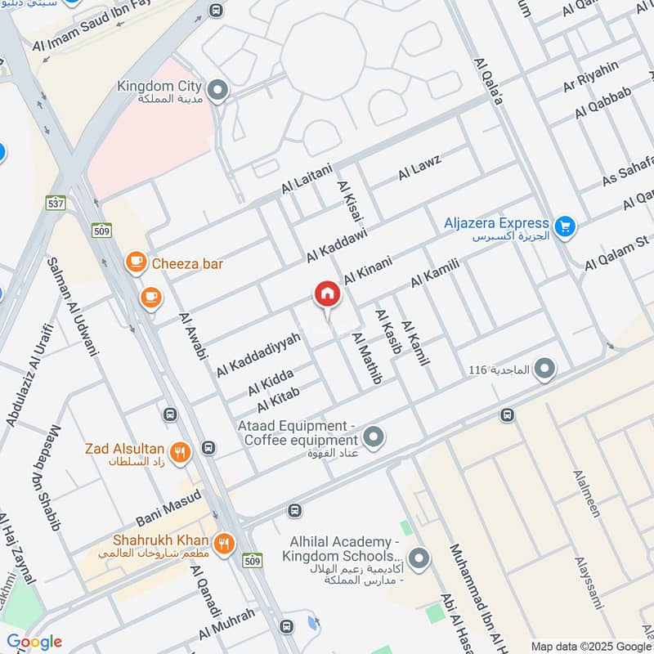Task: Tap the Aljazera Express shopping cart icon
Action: [563, 227]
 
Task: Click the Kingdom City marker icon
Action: [217, 91]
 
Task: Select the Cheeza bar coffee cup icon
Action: [135, 262]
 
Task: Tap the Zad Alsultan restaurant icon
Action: [181, 450]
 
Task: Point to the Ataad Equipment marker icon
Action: [374, 437]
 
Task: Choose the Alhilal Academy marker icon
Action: [419, 559]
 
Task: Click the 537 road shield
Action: [56, 203]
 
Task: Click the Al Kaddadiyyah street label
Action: [258, 354]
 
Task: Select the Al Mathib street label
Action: [367, 358]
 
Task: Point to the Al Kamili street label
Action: [437, 271]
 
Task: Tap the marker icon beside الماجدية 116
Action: [543, 370]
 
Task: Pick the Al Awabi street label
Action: [195, 336]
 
